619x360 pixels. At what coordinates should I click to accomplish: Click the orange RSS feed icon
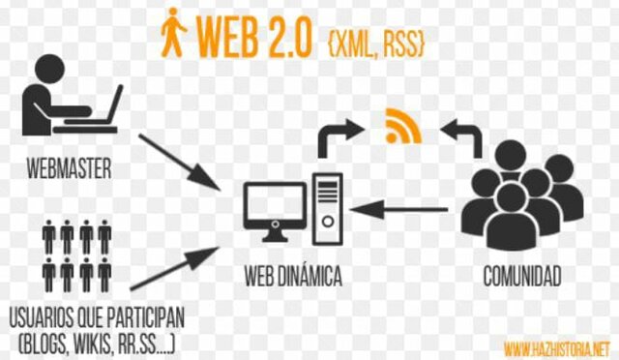(x=398, y=126)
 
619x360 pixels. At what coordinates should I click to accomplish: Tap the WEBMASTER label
(x=69, y=170)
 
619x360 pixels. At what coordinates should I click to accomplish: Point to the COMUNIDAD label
(x=522, y=279)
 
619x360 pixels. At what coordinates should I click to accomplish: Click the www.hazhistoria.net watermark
(x=557, y=345)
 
